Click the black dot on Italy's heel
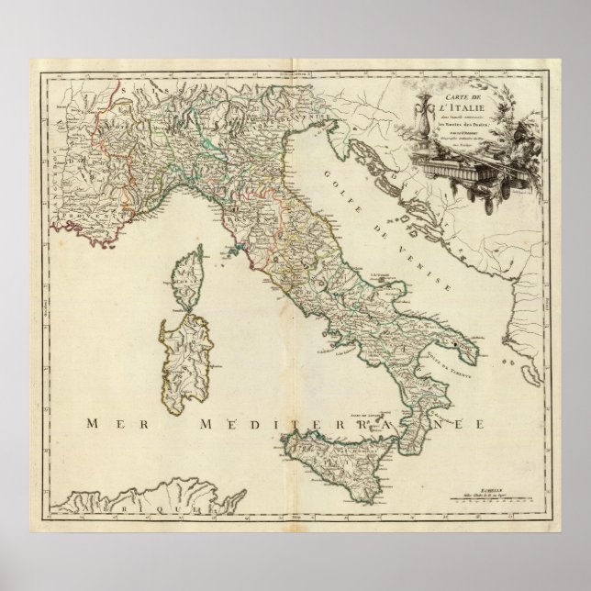click(453, 344)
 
